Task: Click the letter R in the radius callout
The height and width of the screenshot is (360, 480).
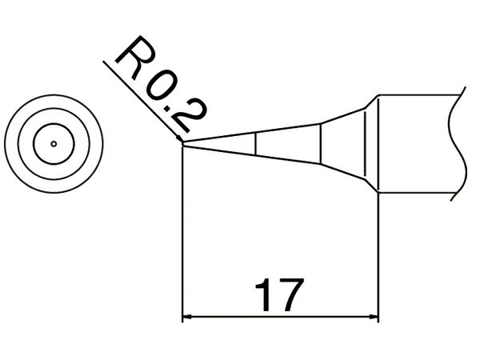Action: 135,58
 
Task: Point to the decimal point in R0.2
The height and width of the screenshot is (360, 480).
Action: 168,108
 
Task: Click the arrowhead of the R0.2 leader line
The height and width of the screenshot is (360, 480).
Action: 179,138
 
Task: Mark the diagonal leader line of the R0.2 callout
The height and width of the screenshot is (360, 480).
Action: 143,102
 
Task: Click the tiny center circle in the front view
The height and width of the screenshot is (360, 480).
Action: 54,144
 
